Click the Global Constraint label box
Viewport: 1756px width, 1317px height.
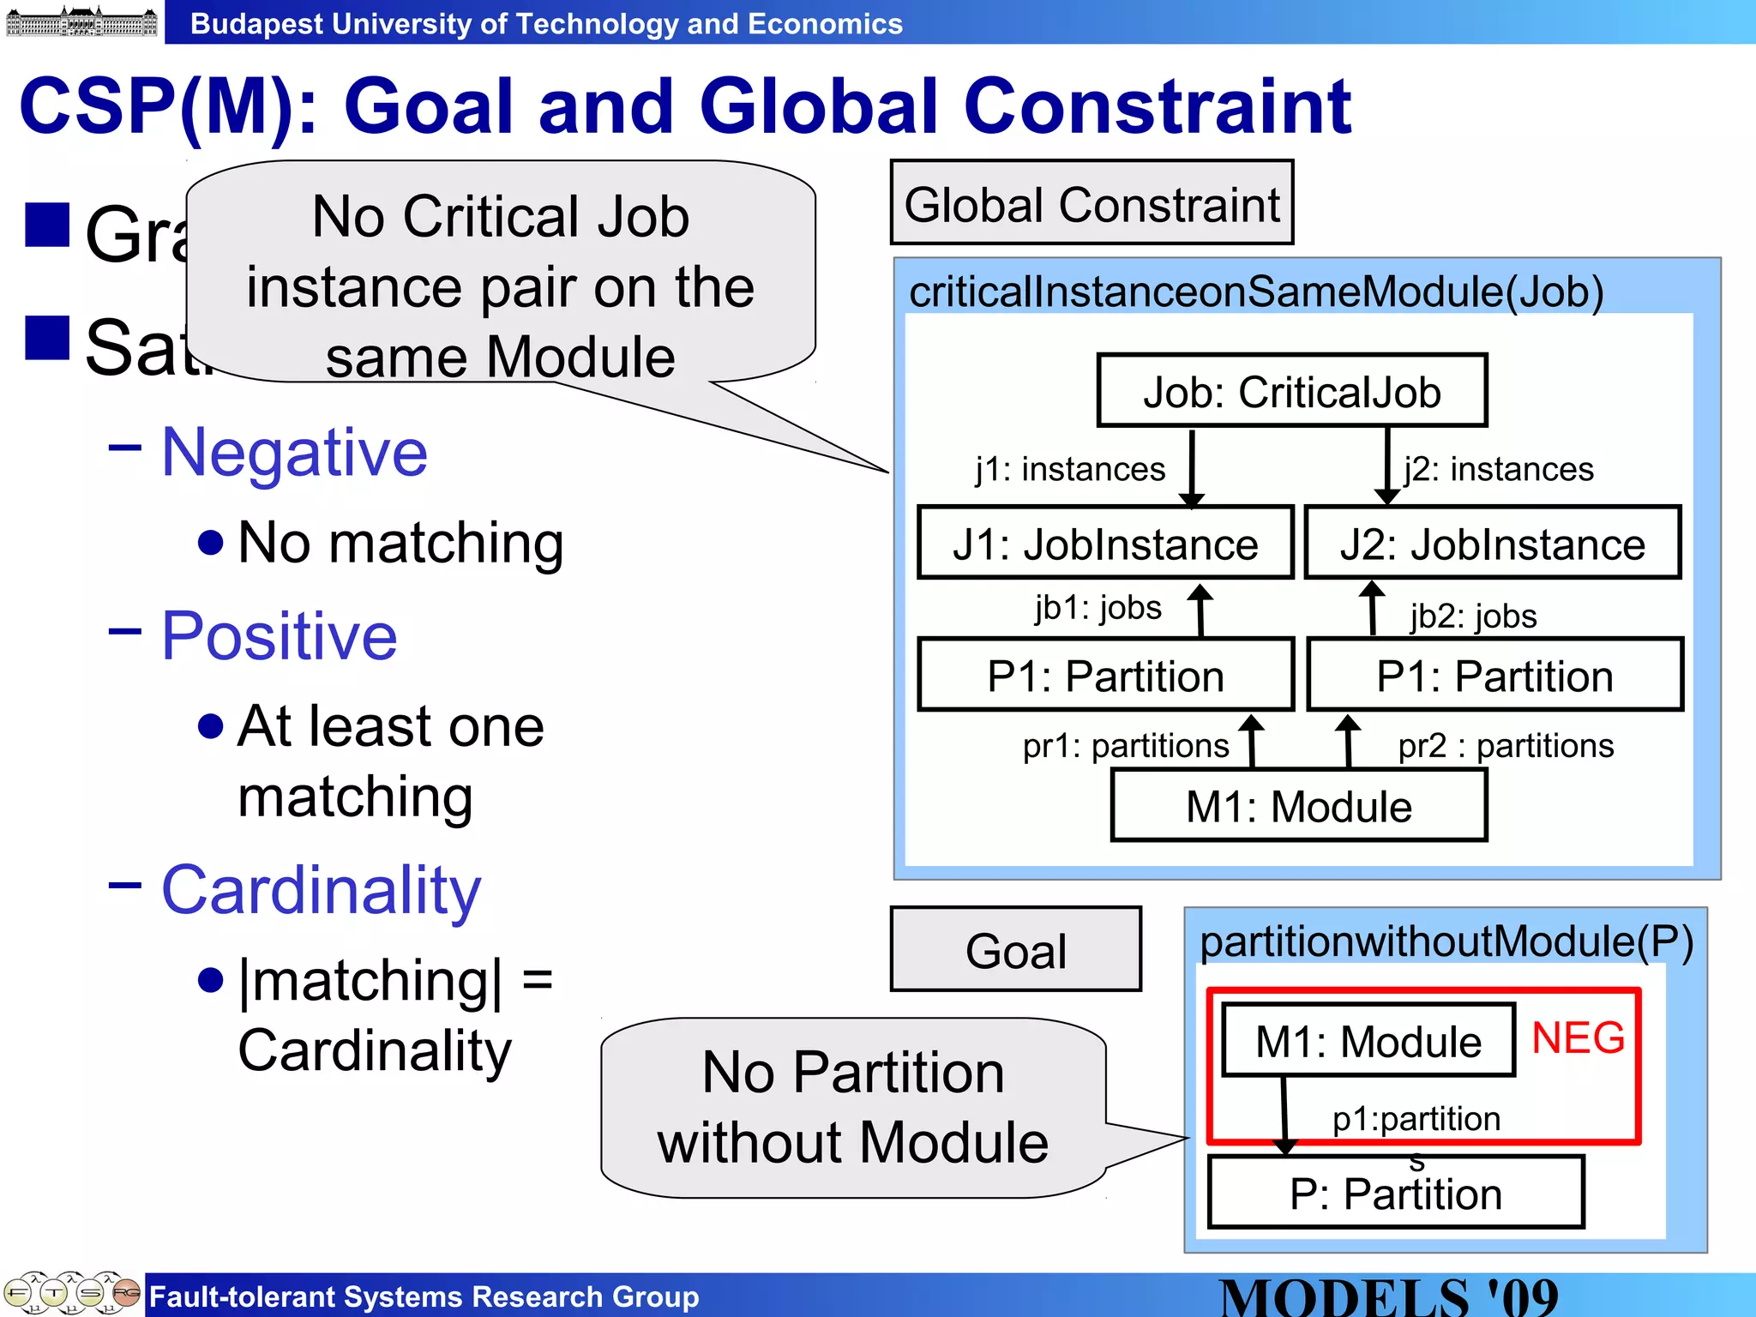point(1091,203)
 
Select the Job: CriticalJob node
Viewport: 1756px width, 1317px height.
point(1291,391)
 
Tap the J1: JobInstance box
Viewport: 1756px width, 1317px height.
point(1105,544)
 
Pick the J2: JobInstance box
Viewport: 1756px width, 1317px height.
point(1492,544)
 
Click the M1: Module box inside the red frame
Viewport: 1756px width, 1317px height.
point(1368,1041)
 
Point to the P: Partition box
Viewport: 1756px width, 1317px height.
point(1395,1193)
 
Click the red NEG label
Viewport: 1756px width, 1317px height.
point(1578,1037)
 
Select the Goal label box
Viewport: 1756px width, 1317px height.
point(1016,950)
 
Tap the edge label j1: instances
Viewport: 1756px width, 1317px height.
point(1070,469)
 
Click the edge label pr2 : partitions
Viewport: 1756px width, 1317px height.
point(1506,745)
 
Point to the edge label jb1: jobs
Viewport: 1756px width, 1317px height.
point(1097,607)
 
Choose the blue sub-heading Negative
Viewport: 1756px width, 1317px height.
point(294,452)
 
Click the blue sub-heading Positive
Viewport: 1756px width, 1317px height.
point(280,635)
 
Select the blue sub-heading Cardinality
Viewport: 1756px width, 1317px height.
point(321,890)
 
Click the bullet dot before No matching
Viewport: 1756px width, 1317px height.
point(211,543)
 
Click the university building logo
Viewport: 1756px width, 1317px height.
point(81,21)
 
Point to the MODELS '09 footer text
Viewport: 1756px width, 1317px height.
point(1388,1296)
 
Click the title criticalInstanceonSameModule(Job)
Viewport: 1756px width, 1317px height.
point(1256,292)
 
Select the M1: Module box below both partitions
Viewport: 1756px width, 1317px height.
point(1298,806)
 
